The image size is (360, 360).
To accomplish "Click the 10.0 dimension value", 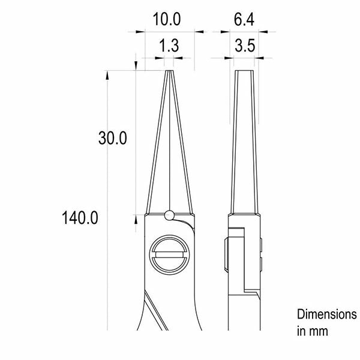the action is pos(167,19).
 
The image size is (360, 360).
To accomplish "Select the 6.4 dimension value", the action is pos(244,20).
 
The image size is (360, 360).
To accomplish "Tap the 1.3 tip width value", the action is pos(169,46).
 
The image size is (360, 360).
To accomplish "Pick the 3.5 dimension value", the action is pos(245,46).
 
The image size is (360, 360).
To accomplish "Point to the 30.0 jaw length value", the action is pos(113,138).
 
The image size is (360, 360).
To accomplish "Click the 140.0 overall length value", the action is pos(80,218).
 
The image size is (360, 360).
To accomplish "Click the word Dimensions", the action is pos(327,314).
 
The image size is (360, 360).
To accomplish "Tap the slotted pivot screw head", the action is pos(169,254).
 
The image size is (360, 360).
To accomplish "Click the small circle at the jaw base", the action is pos(169,215).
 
